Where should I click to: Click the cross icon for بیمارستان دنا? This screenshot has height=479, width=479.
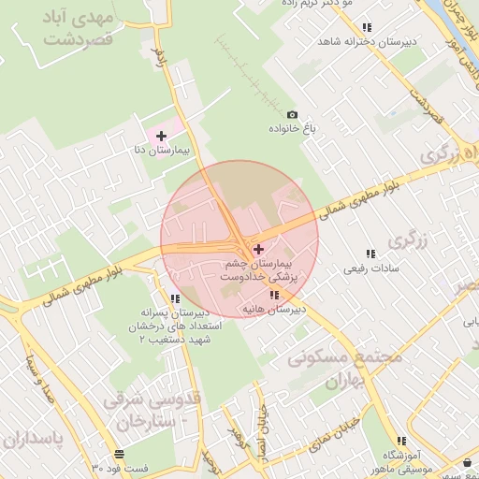click(x=161, y=137)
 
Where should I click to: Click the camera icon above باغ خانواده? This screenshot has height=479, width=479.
click(x=292, y=114)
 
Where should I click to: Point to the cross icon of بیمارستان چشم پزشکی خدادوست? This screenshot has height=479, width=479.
click(x=258, y=249)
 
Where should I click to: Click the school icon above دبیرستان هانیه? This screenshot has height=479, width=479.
click(x=273, y=295)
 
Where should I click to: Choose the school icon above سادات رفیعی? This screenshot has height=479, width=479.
click(x=370, y=254)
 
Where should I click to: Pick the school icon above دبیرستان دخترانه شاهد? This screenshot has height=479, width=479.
click(x=367, y=28)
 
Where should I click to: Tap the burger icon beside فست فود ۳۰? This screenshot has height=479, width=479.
click(x=118, y=455)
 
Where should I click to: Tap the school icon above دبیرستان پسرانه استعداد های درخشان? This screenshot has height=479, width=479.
click(x=175, y=298)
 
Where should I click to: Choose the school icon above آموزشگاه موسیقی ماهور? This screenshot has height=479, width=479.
click(x=400, y=441)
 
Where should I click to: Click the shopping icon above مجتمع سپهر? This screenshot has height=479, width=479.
click(x=467, y=462)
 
